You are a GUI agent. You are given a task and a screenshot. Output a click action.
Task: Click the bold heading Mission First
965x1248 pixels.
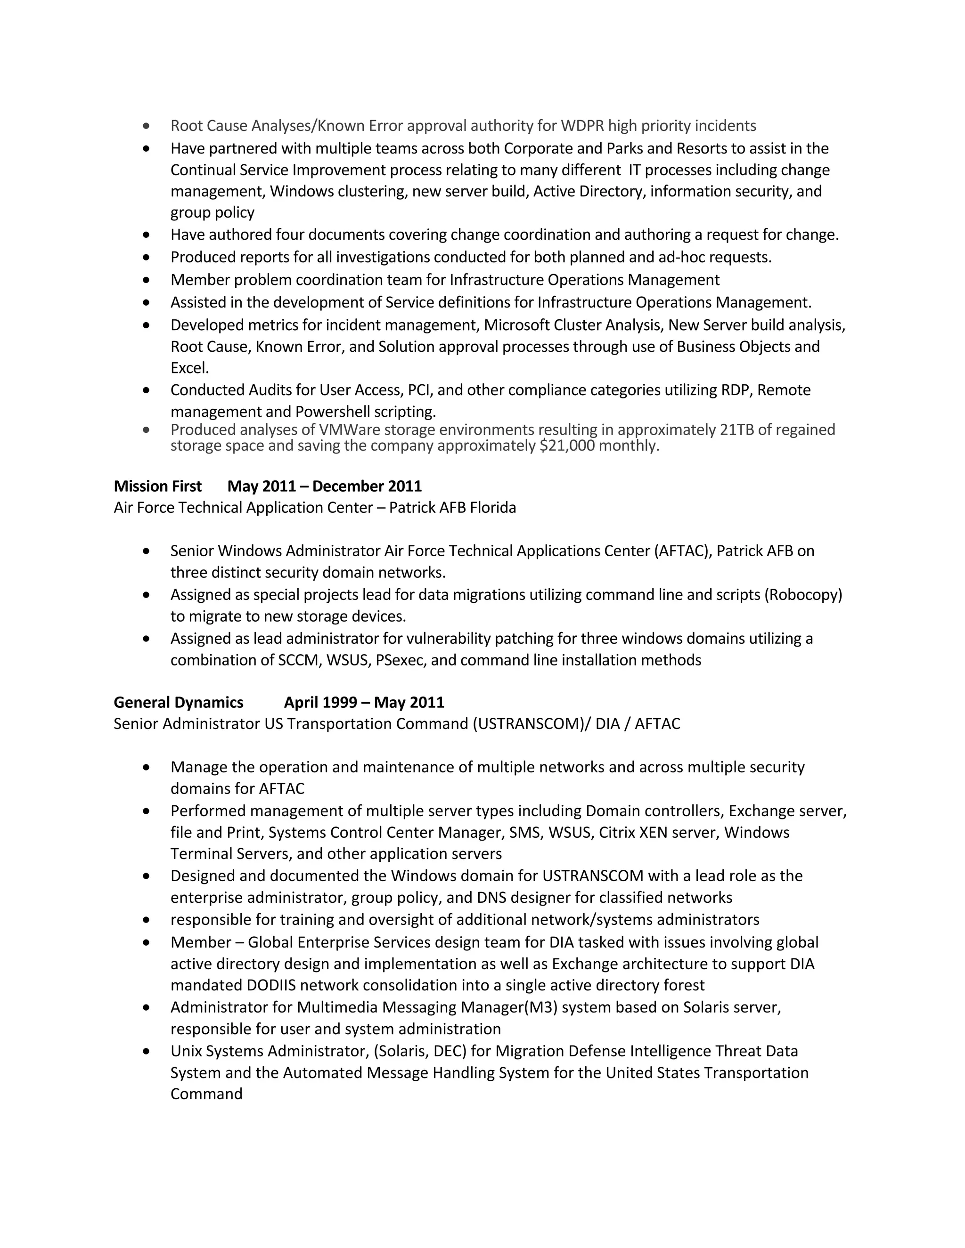click(157, 486)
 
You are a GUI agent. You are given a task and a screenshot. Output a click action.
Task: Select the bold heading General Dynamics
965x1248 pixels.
click(179, 702)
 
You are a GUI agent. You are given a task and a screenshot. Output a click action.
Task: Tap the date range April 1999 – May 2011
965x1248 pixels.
click(364, 702)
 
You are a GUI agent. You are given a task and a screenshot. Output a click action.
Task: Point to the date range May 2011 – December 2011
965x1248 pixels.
click(324, 486)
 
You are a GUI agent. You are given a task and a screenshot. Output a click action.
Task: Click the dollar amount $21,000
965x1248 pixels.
click(566, 446)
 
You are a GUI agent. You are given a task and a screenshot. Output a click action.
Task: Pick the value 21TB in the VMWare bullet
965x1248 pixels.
click(736, 430)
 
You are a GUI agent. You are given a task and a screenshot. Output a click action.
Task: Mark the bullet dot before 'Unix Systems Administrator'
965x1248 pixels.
click(147, 1051)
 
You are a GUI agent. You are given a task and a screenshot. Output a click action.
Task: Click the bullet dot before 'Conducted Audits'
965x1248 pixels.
click(147, 390)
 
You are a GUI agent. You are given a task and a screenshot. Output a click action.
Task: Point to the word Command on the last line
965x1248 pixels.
click(206, 1094)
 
